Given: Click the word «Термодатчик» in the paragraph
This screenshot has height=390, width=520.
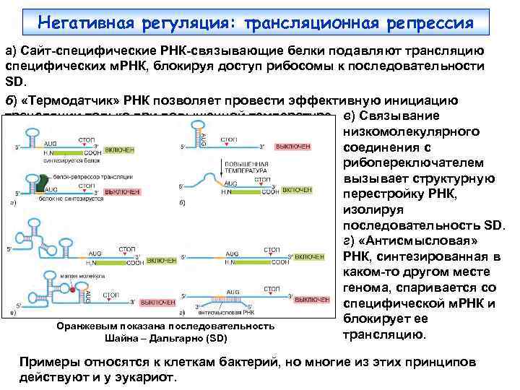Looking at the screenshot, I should tap(74, 99).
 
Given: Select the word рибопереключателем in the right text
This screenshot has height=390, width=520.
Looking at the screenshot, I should tap(415, 162).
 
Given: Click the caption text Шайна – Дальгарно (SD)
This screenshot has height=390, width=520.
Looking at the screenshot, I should tap(165, 338).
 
